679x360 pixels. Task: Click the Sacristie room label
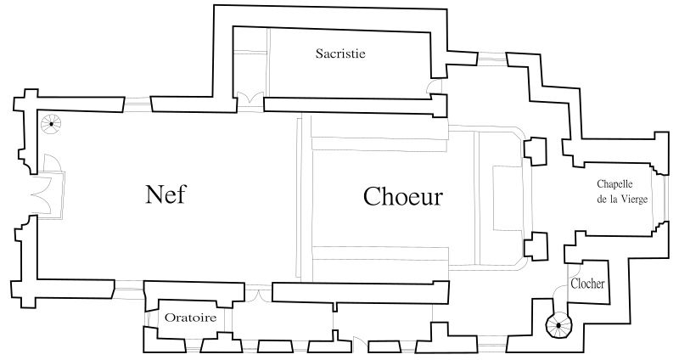340,54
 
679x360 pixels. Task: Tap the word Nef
166,195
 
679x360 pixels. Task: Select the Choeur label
403,196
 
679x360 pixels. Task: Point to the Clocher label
587,284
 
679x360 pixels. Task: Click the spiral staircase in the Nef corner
52,125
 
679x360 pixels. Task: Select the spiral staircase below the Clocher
559,323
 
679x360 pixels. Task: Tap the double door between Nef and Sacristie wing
250,99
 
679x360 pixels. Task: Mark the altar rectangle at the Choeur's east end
508,197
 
